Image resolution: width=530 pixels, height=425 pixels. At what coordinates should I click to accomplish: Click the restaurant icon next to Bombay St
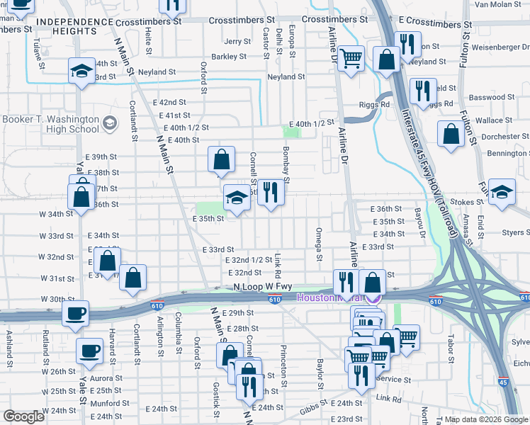[x=270, y=193]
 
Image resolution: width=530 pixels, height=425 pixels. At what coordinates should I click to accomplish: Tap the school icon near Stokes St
[x=502, y=193]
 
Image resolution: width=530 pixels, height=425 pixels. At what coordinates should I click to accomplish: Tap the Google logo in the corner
[x=23, y=417]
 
